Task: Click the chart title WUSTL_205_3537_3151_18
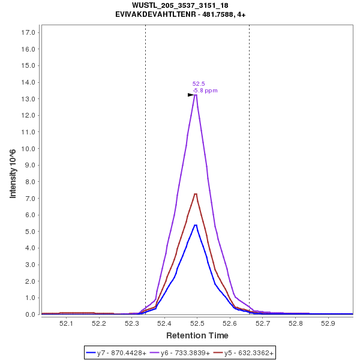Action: (180, 5)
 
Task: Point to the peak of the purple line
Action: (196, 95)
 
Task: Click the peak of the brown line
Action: (196, 194)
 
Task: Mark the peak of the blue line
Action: (196, 225)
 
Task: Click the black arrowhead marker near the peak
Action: (191, 95)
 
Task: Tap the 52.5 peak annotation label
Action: (199, 84)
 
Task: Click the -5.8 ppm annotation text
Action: (205, 91)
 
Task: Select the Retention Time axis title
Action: (197, 335)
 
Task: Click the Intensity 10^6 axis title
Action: (13, 173)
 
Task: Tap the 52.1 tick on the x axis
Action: (66, 323)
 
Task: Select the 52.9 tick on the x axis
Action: (328, 323)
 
